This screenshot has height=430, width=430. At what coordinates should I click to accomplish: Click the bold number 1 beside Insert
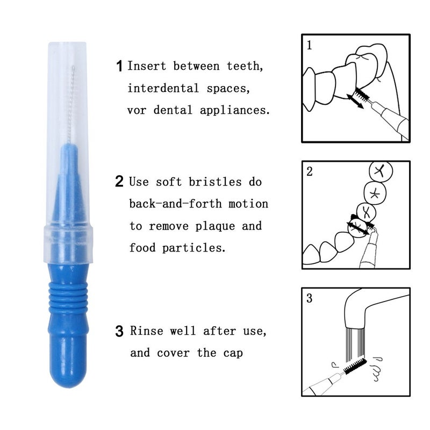[x=120, y=67]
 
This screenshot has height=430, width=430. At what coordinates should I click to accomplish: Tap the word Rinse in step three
[x=147, y=331]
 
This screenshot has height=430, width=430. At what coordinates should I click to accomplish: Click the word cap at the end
[x=233, y=353]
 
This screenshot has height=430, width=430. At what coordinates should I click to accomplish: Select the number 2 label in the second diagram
[x=310, y=172]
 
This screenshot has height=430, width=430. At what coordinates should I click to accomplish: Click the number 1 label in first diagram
[x=310, y=45]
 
